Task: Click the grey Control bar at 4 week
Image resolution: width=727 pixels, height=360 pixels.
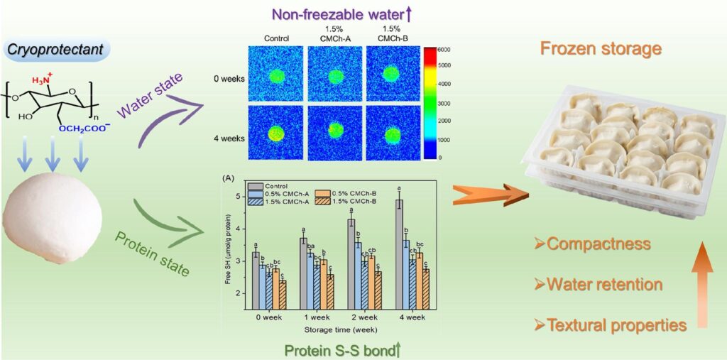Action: [399, 254]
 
